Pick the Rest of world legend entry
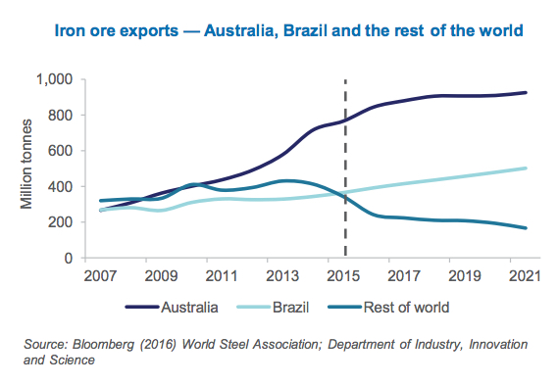(x=404, y=307)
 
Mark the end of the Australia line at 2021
(x=527, y=93)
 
